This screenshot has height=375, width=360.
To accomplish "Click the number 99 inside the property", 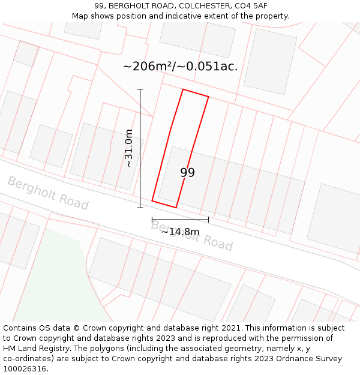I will pos(187,173).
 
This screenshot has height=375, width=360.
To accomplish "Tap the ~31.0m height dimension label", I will pos(128,149).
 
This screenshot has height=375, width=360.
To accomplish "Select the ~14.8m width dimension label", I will pos(180,232).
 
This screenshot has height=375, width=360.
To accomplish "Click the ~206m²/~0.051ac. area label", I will pos(180,66).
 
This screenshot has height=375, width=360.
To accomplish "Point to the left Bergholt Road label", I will pos(48,193).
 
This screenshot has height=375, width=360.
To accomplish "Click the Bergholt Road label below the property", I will pos(191,235).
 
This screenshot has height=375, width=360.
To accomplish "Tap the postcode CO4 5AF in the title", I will pos(251,6).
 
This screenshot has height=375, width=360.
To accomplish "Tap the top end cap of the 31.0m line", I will pos(140,89).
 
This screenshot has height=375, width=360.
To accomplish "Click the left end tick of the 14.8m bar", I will pos(152,220).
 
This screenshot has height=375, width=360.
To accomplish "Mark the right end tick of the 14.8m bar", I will pos(208,220).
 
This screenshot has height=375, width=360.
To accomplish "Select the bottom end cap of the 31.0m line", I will pos(140,208).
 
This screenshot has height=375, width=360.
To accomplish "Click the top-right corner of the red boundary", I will pos(208,97).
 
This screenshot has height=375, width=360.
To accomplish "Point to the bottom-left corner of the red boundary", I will pos(152,200).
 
